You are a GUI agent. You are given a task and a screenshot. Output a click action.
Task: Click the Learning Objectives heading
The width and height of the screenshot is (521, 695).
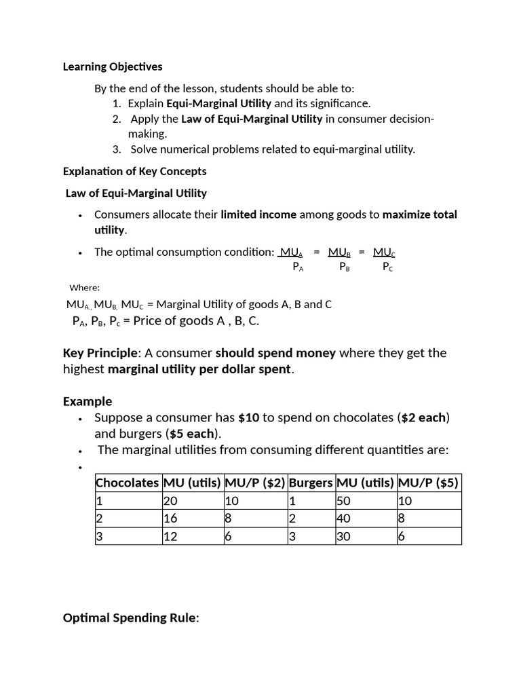pos(113,67)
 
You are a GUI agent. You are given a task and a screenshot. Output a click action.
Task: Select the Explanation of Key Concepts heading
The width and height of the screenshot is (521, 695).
pos(134,171)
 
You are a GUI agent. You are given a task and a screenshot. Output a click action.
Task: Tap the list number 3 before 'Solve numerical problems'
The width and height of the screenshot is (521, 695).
pos(117,149)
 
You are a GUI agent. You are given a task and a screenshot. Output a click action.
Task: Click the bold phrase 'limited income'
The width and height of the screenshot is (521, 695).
pos(258,215)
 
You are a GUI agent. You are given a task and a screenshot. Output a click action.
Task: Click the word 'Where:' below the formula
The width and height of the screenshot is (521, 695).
pos(84,287)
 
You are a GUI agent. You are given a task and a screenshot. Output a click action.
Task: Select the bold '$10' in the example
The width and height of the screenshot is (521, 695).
pos(249,417)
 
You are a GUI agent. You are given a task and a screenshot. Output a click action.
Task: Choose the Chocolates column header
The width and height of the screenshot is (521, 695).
pos(128,483)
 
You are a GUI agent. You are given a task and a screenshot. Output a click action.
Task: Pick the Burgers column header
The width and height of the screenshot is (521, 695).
pos(311,483)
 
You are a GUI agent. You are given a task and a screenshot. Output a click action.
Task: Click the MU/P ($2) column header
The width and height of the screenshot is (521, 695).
pos(255,483)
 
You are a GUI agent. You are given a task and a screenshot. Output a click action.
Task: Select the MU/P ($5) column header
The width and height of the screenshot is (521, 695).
pos(428,483)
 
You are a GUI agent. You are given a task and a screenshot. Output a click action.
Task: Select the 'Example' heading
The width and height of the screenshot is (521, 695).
pos(88,401)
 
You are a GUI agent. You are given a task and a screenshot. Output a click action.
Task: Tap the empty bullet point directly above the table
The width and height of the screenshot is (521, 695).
pos(80,468)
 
